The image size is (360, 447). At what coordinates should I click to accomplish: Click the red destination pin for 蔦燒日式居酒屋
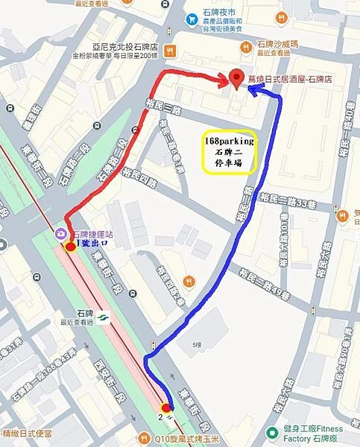[x=236, y=77]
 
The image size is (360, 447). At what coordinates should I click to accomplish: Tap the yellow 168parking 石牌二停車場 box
[x=230, y=153]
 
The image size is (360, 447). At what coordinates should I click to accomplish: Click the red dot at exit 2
[x=166, y=408]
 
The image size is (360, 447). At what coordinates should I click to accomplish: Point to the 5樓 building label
[x=196, y=345]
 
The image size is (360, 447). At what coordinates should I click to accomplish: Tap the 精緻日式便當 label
[x=31, y=432]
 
